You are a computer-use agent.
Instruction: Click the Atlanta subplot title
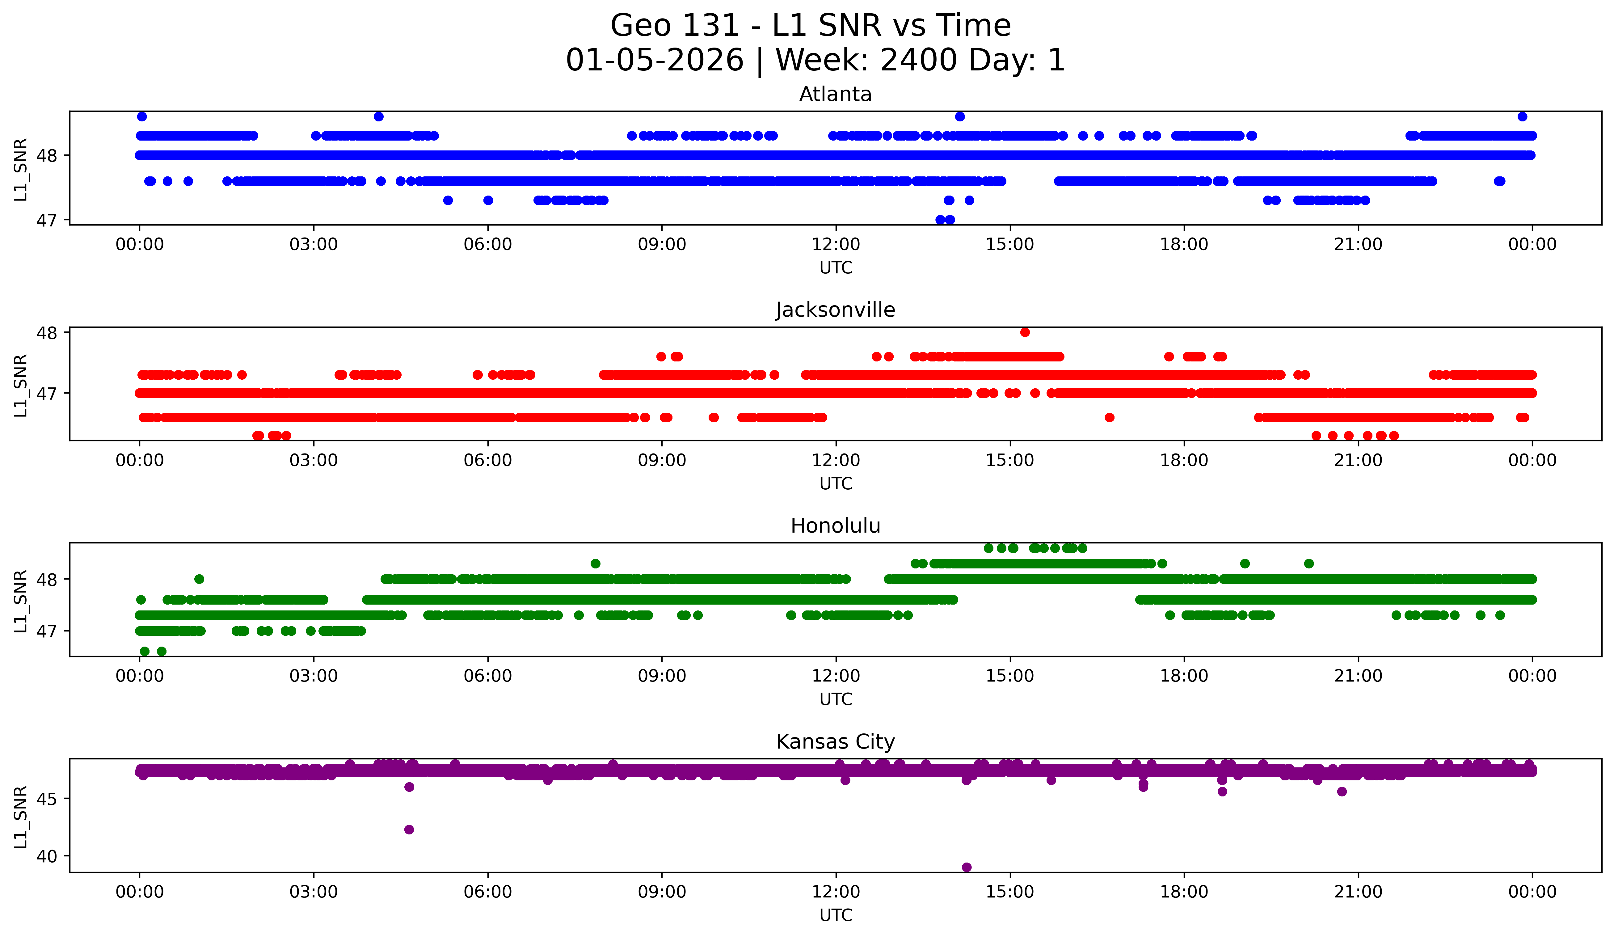click(x=835, y=94)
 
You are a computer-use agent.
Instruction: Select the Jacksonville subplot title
click(x=835, y=310)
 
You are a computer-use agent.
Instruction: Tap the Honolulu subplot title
click(x=835, y=526)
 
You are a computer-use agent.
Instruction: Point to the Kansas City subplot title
click(x=835, y=742)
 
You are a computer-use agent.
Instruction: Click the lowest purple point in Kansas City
click(x=967, y=867)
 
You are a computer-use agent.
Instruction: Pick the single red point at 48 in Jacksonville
click(x=1025, y=332)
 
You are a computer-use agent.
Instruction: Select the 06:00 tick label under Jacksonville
click(x=487, y=460)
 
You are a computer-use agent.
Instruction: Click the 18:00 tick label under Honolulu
click(x=1184, y=676)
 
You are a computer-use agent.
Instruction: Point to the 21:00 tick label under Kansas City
click(x=1358, y=892)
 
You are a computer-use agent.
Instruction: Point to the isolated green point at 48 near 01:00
click(x=199, y=579)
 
